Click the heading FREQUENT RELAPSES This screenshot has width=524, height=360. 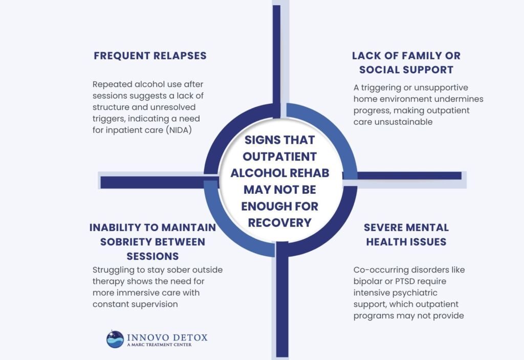[150, 56]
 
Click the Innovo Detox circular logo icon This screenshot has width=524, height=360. [115, 339]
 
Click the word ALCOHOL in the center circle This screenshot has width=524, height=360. [255, 173]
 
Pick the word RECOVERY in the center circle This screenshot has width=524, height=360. [279, 222]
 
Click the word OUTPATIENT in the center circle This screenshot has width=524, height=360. [279, 156]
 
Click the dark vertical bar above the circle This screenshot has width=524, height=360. [276, 51]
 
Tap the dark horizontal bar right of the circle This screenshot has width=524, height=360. [409, 175]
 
